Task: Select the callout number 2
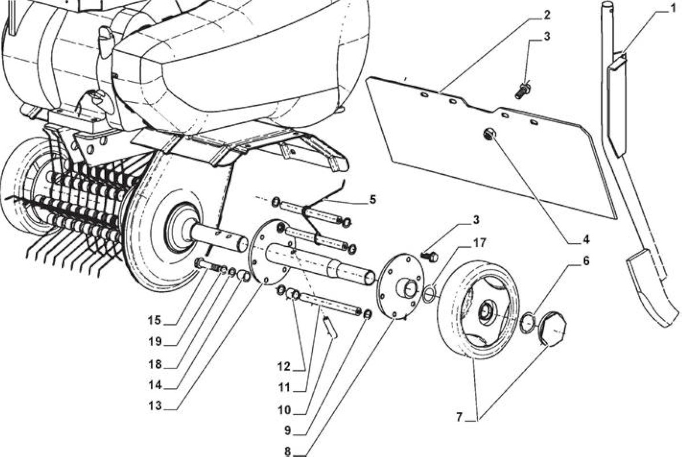(546, 14)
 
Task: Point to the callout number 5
(372, 199)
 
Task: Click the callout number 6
(586, 261)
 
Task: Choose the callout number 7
(459, 417)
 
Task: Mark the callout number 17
(480, 242)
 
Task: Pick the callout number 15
(155, 321)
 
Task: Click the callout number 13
(155, 406)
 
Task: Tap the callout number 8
(288, 451)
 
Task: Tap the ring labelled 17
(428, 293)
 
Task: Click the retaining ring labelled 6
(527, 321)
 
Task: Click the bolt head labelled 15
(200, 263)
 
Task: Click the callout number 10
(285, 410)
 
